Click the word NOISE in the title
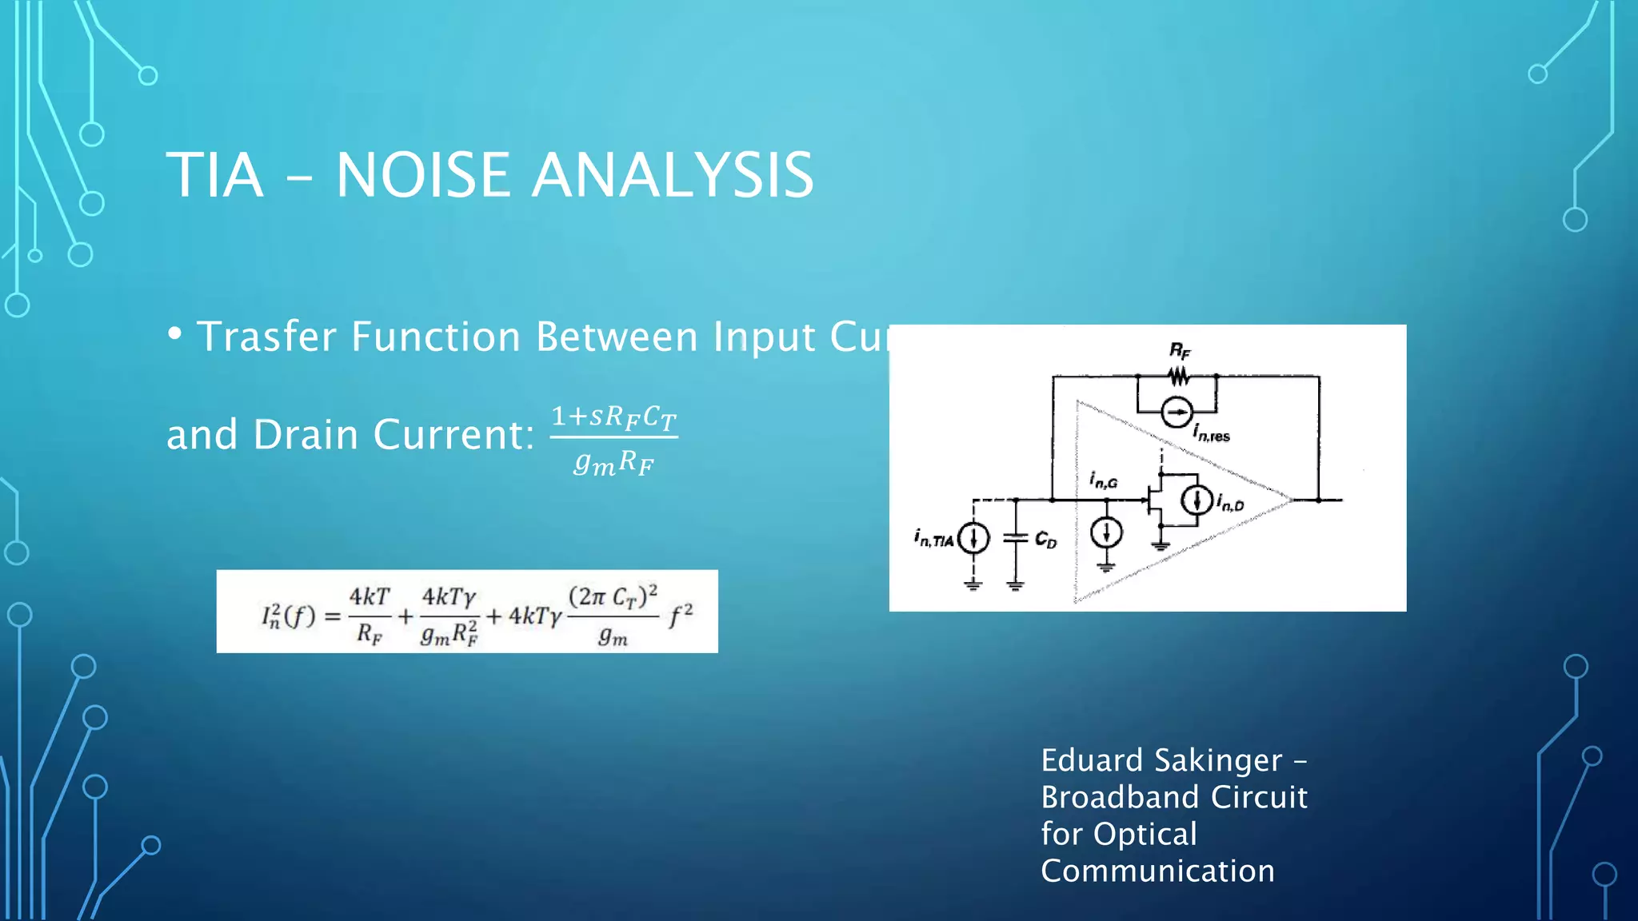pyautogui.click(x=422, y=175)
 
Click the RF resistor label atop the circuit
pyautogui.click(x=1180, y=350)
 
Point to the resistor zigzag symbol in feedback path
pyautogui.click(x=1177, y=375)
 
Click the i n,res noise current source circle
pyautogui.click(x=1177, y=412)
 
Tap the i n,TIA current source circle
pyautogui.click(x=973, y=538)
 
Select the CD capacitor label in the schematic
pyautogui.click(x=1045, y=540)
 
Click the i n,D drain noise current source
pyautogui.click(x=1197, y=500)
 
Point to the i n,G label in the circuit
pyautogui.click(x=1103, y=480)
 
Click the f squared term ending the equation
pyautogui.click(x=681, y=616)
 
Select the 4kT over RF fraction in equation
pyautogui.click(x=370, y=615)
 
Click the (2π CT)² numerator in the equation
pyautogui.click(x=613, y=596)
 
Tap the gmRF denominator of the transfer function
pyautogui.click(x=613, y=463)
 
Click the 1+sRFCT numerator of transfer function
pyautogui.click(x=613, y=417)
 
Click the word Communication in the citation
pyautogui.click(x=1157, y=871)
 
